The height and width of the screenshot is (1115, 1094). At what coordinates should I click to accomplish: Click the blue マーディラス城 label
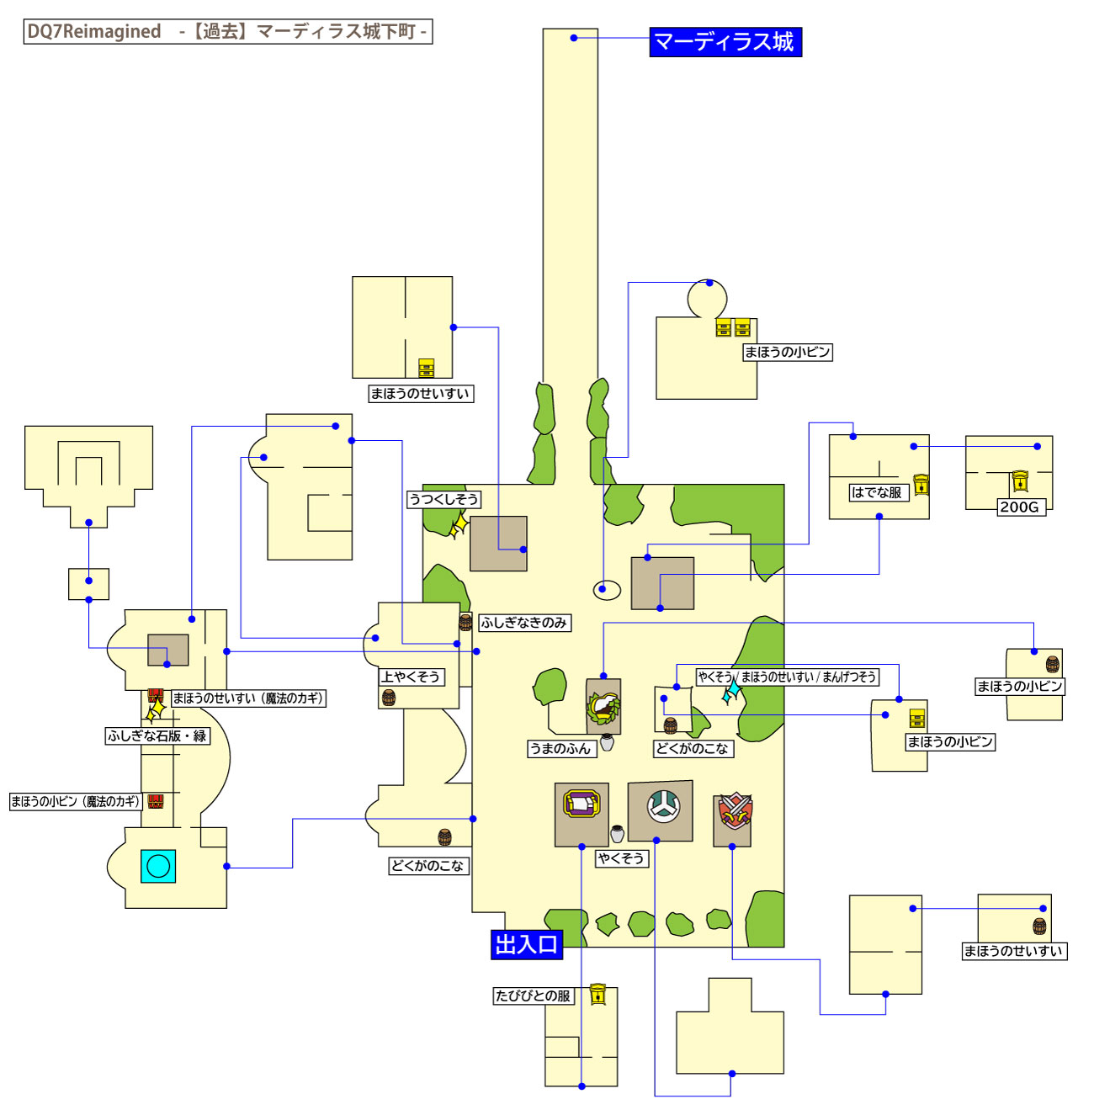coord(725,42)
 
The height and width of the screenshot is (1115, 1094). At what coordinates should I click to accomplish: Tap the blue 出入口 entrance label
coord(526,944)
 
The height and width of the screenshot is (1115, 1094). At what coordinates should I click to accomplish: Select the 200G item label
coord(1020,507)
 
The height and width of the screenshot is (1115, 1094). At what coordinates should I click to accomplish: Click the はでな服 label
coord(877,492)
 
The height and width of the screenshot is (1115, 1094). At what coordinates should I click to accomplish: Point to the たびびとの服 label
coord(533,996)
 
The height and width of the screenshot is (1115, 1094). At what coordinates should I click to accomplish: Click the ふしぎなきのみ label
coord(523,623)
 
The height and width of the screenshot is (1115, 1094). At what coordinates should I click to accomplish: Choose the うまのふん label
coord(560,749)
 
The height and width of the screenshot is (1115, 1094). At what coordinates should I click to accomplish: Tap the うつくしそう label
coord(443,499)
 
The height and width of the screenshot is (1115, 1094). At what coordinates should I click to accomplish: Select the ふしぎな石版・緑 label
coord(157,735)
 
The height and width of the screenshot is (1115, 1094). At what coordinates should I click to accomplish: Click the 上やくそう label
coord(410,677)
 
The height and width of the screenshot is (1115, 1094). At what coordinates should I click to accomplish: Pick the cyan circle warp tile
coord(158,865)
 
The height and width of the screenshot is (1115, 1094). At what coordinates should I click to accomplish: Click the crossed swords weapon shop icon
coord(734,811)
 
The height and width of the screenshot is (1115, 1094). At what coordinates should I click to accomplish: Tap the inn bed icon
coord(582,804)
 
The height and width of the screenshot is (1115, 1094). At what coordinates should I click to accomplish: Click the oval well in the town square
coord(607,589)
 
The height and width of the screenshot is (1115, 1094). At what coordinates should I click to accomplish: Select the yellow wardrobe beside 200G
coord(1020,481)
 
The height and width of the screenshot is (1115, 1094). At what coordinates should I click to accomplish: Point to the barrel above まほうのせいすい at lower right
coord(1039,927)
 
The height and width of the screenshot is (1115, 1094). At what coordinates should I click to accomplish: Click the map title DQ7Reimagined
coord(94,32)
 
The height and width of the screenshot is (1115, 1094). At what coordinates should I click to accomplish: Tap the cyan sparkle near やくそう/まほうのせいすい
coord(732,692)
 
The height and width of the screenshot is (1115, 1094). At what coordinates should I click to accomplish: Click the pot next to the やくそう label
coord(618,834)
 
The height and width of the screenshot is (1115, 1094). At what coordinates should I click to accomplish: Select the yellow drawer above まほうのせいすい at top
coord(427,368)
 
